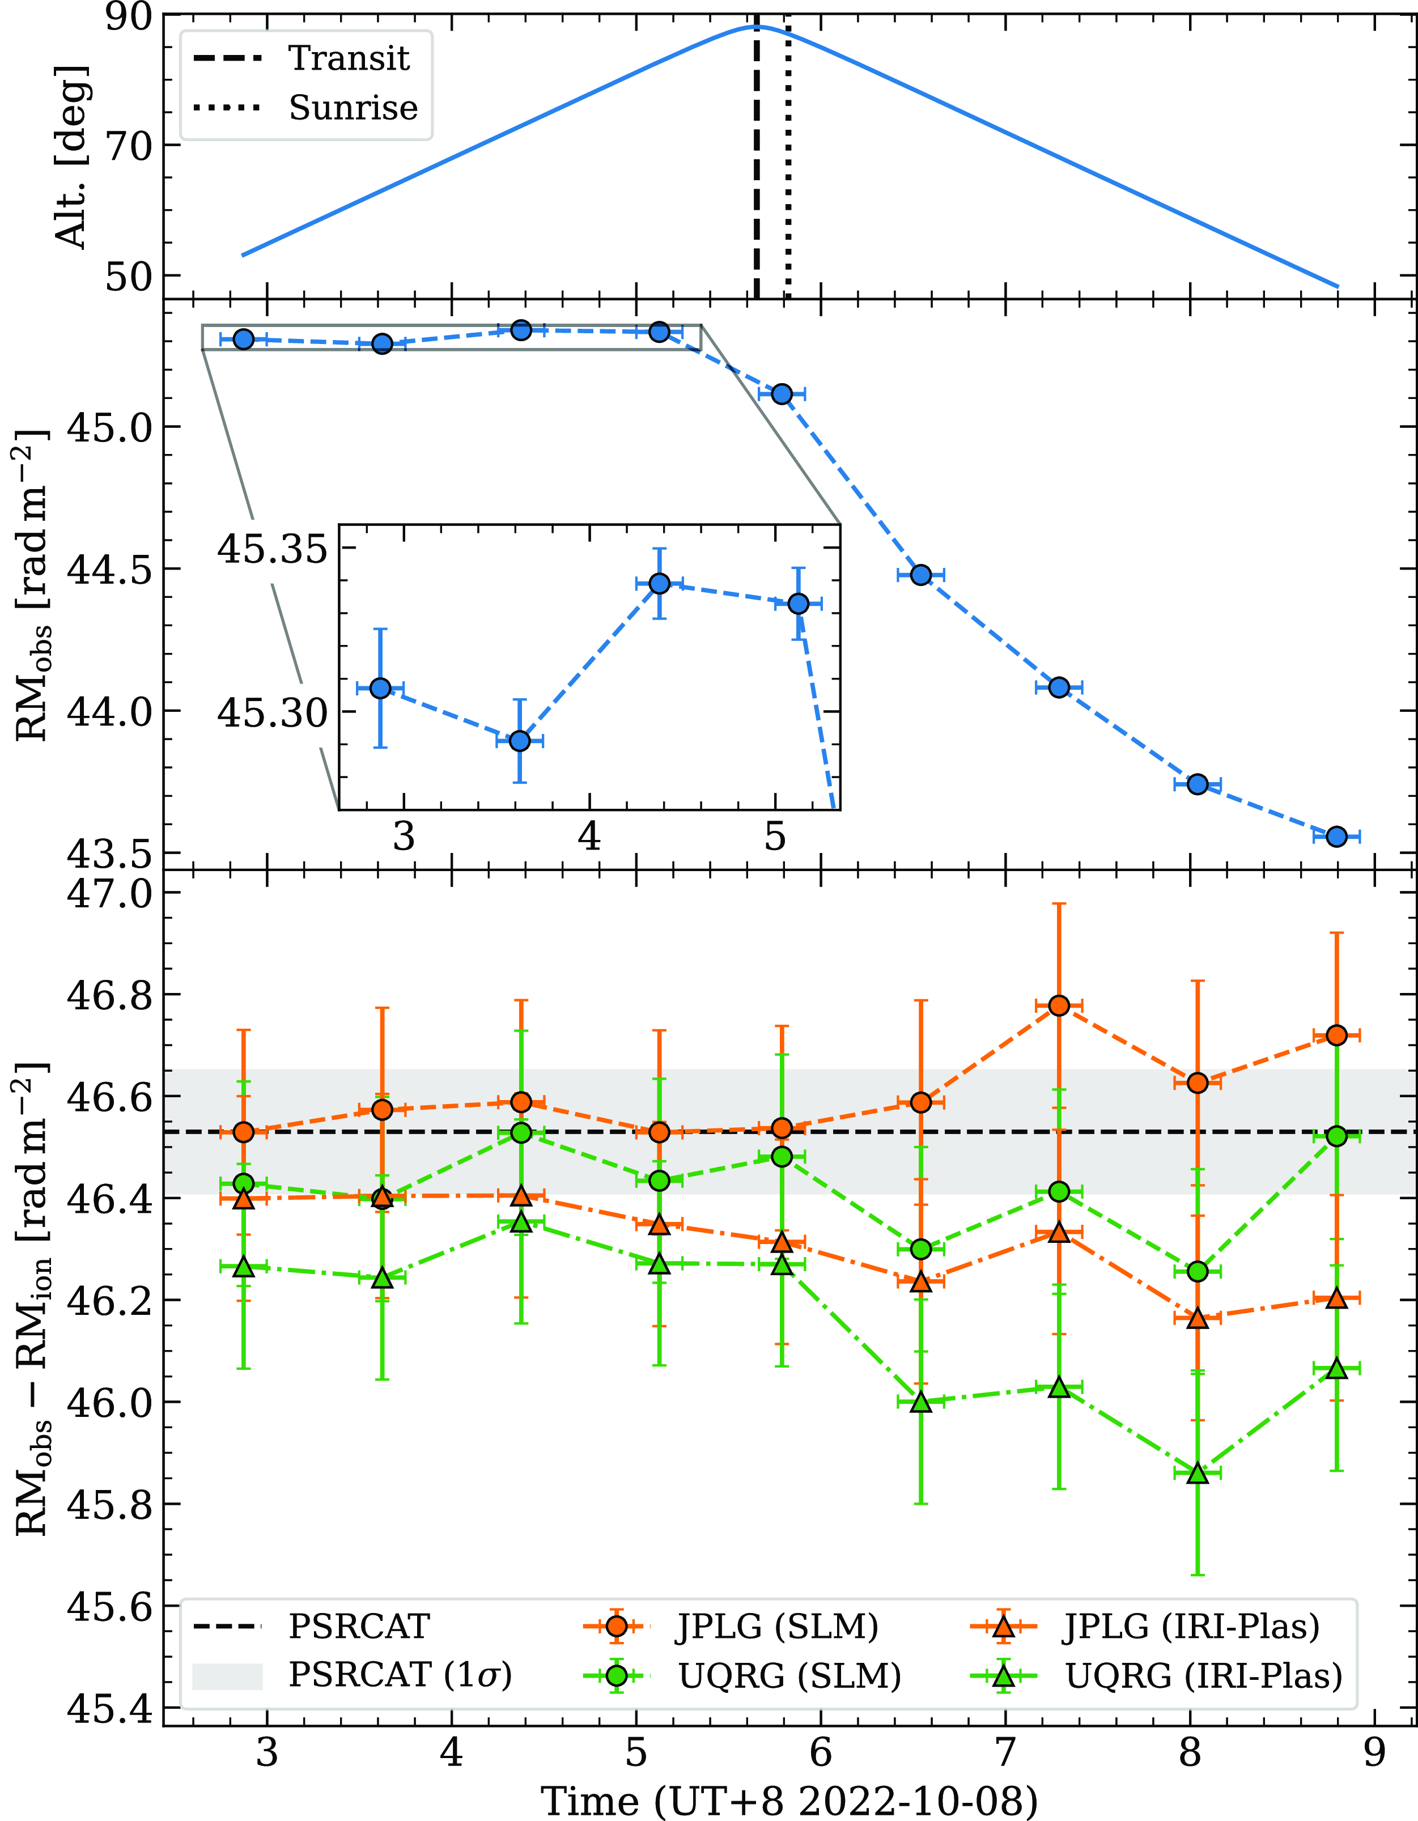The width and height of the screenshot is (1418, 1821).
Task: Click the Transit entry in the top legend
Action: pyautogui.click(x=349, y=58)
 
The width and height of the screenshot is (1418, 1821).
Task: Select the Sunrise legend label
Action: pyautogui.click(x=353, y=108)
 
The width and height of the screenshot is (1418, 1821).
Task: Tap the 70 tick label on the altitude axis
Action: pyautogui.click(x=129, y=146)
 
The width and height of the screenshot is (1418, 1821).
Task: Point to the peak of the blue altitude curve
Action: pyautogui.click(x=755, y=27)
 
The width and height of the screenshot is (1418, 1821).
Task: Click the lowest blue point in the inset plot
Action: pyautogui.click(x=519, y=740)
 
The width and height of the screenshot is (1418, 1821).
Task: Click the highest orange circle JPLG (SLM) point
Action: pyautogui.click(x=1059, y=1005)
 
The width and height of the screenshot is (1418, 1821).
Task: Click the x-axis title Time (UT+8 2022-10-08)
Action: pyautogui.click(x=790, y=1801)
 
